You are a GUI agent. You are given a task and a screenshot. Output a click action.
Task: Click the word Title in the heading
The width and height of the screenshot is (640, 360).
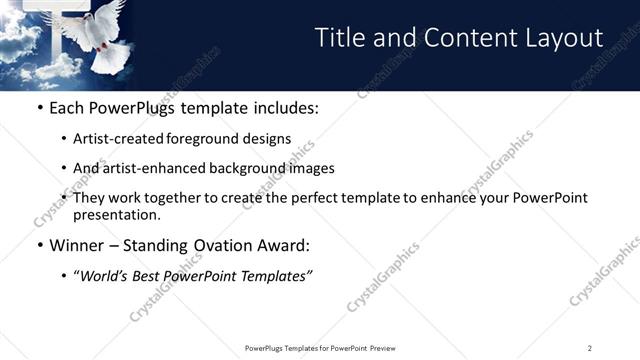(x=340, y=38)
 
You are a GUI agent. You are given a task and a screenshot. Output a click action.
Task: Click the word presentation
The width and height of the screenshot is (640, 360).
(x=116, y=214)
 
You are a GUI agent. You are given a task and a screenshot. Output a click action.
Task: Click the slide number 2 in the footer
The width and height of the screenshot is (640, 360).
(x=590, y=348)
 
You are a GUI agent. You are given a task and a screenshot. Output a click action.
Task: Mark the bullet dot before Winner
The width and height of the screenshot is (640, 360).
(x=39, y=245)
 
